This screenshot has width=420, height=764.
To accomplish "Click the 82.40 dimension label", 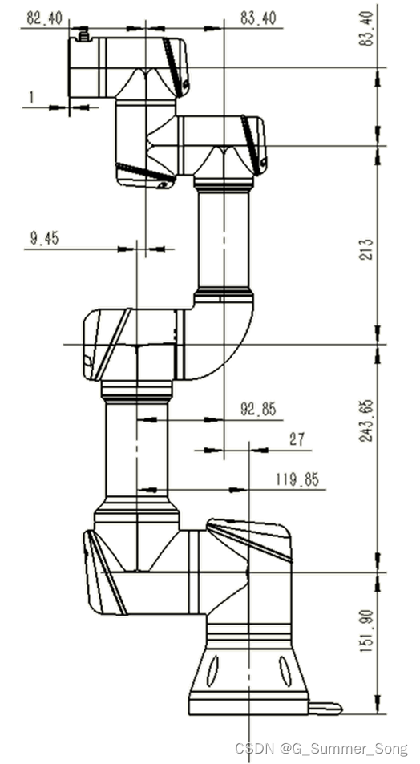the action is (x=45, y=19).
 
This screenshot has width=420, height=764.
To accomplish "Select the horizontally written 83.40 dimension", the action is (x=258, y=18).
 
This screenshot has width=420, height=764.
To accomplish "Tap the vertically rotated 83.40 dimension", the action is (x=368, y=29).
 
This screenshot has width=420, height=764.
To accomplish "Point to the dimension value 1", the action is (x=32, y=97).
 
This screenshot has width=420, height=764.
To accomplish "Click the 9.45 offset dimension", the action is (x=44, y=238).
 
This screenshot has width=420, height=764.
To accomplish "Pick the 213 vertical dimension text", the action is (x=366, y=249).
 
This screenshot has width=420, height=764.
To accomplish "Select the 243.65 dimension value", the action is (x=366, y=421).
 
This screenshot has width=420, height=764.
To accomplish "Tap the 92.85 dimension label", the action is (x=258, y=409).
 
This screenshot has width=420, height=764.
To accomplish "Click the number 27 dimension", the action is (x=297, y=439).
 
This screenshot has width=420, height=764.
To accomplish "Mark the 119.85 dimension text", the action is (x=297, y=480).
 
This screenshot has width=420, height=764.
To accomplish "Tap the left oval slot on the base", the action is (x=213, y=672).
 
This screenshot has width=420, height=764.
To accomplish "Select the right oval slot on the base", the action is (x=285, y=672).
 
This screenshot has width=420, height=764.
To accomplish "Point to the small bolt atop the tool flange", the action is (x=84, y=34).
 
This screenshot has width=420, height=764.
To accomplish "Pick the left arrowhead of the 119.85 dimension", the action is (x=149, y=490).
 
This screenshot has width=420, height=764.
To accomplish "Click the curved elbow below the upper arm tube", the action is (x=229, y=341).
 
